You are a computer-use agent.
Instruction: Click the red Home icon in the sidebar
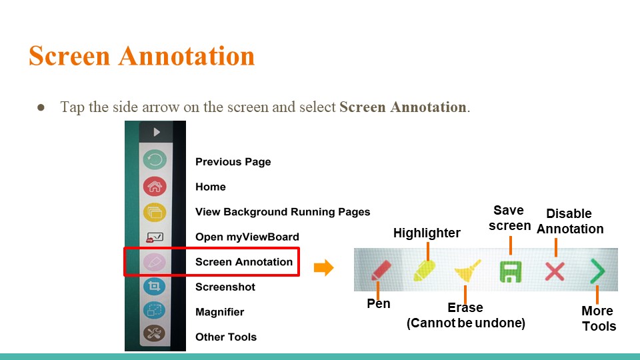coord(155,187)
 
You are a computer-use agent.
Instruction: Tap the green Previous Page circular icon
coord(155,159)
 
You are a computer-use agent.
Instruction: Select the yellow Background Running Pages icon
coord(155,212)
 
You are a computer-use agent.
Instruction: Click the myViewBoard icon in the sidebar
coord(155,237)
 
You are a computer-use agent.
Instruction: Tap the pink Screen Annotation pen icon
coord(154,262)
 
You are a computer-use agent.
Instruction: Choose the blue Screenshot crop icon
coord(154,286)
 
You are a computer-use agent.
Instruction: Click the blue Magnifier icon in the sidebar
coord(154,310)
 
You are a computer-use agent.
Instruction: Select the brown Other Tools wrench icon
coord(154,334)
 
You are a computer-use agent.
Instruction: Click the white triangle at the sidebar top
coord(157,132)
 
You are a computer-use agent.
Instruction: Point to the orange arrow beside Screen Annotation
coord(324,268)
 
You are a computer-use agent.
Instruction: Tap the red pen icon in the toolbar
coord(381,271)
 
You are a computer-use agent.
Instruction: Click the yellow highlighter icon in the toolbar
coord(424,271)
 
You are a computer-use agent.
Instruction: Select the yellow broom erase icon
coord(468,271)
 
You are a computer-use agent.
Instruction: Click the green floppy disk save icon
coord(511,271)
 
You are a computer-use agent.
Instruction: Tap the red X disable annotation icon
coord(555,271)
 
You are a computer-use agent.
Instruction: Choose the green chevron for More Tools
coord(597,271)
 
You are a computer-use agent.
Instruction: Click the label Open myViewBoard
coord(247,237)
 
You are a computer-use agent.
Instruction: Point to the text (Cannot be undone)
coord(466,323)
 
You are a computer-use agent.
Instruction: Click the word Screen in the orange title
coord(70,56)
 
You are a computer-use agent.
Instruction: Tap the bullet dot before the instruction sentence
coord(41,107)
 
